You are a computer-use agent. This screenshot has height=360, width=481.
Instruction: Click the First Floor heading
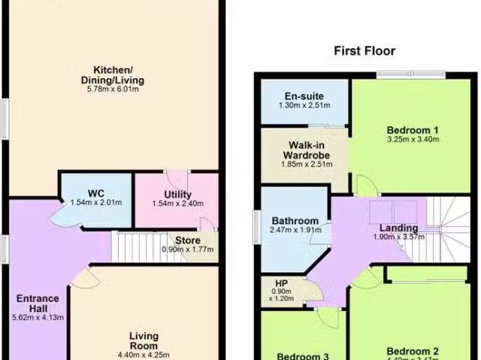click(365, 51)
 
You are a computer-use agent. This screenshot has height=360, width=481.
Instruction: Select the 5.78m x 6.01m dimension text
click(113, 89)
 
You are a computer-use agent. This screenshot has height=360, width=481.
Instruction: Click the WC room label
click(95, 193)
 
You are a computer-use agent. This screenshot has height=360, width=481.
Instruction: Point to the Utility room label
click(177, 193)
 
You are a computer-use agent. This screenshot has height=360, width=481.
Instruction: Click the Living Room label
click(143, 341)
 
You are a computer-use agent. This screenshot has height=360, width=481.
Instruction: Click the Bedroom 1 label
click(413, 129)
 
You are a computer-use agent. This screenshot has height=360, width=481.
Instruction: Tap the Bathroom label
click(295, 221)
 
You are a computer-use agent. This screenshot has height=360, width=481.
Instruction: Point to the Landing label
click(398, 228)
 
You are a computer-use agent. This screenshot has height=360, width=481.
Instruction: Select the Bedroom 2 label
click(413, 351)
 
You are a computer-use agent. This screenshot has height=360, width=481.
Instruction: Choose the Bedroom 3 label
click(302, 355)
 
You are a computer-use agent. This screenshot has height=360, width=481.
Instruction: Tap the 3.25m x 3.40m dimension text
click(413, 139)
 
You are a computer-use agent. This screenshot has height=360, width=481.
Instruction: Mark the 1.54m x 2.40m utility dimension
click(177, 203)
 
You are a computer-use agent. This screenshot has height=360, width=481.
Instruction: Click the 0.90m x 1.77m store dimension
click(188, 250)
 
